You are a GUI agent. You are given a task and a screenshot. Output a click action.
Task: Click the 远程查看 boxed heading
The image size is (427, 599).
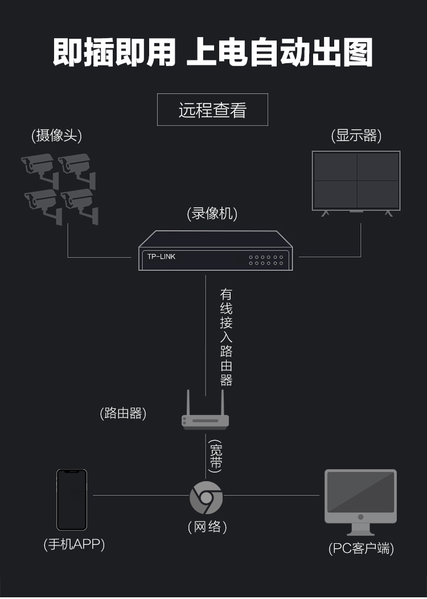point(212,109)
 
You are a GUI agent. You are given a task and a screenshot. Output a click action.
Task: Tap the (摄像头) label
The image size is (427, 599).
point(57,136)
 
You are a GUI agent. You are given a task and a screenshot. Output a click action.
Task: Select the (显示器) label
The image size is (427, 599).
point(356,136)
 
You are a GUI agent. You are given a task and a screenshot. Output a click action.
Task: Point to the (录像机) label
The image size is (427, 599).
point(212,214)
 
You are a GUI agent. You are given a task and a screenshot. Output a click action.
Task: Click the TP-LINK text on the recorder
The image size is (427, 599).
point(162,257)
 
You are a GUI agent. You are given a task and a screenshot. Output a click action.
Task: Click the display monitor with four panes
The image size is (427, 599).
point(356,181)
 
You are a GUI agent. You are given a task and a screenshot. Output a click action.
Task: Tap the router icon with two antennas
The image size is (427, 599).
point(205,413)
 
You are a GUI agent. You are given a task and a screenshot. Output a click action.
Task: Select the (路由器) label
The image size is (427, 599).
point(123,413)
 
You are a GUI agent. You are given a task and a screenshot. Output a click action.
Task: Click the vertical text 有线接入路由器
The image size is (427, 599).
point(226,337)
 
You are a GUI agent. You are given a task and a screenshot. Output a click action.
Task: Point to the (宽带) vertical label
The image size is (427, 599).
point(215,456)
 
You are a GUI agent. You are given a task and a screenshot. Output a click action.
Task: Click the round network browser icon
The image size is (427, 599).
point(206,497)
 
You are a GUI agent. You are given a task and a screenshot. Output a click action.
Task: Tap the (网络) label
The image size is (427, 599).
point(207,527)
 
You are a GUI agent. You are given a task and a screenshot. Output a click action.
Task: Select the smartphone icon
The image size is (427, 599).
point(72,499)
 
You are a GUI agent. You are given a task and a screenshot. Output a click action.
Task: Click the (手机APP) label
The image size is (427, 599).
point(74,544)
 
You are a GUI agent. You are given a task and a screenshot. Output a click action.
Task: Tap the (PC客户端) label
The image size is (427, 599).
point(361,548)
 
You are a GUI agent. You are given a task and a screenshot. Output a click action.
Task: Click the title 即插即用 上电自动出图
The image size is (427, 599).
point(213,53)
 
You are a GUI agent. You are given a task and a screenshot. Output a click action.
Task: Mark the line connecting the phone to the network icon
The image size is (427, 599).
point(139,495)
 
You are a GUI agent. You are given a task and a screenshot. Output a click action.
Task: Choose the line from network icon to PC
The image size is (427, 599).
point(272,495)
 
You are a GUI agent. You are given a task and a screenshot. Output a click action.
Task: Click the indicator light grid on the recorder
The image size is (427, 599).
point(265,260)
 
